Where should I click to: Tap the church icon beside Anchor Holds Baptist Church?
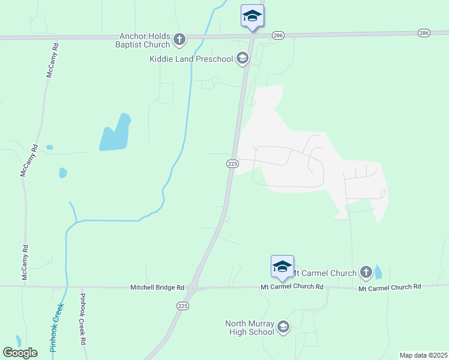pyautogui.click(x=179, y=40)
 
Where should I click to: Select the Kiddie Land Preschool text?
pyautogui.click(x=191, y=59)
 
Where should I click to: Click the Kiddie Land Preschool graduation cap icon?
pyautogui.click(x=243, y=58)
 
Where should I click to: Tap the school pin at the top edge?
pyautogui.click(x=252, y=17)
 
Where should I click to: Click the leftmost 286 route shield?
pyautogui.click(x=277, y=35)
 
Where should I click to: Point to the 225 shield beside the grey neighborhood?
pyautogui.click(x=233, y=164)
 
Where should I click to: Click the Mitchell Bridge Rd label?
pyautogui.click(x=157, y=288)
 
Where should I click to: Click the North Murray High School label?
pyautogui.click(x=249, y=328)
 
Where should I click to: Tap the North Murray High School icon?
pyautogui.click(x=283, y=328)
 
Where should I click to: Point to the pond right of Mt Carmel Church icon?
pyautogui.click(x=378, y=273)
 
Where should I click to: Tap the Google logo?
pyautogui.click(x=20, y=353)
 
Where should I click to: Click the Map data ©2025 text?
pyautogui.click(x=423, y=355)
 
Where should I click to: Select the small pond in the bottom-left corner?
pyautogui.click(x=18, y=341)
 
